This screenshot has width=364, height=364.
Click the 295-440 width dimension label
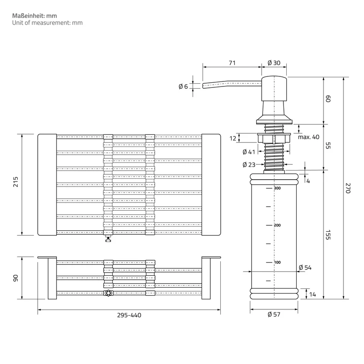(129, 315)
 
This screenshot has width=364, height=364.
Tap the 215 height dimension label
(15, 182)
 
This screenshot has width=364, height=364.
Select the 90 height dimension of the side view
(15, 278)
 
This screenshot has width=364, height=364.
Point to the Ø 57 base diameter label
(274, 314)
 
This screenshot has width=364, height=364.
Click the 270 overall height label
(348, 188)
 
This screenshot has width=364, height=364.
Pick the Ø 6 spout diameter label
(183, 86)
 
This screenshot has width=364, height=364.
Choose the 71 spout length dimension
(232, 63)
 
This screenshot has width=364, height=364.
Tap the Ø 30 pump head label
(274, 63)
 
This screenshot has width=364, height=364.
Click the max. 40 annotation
(308, 137)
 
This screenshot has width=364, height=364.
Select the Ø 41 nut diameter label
(249, 152)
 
